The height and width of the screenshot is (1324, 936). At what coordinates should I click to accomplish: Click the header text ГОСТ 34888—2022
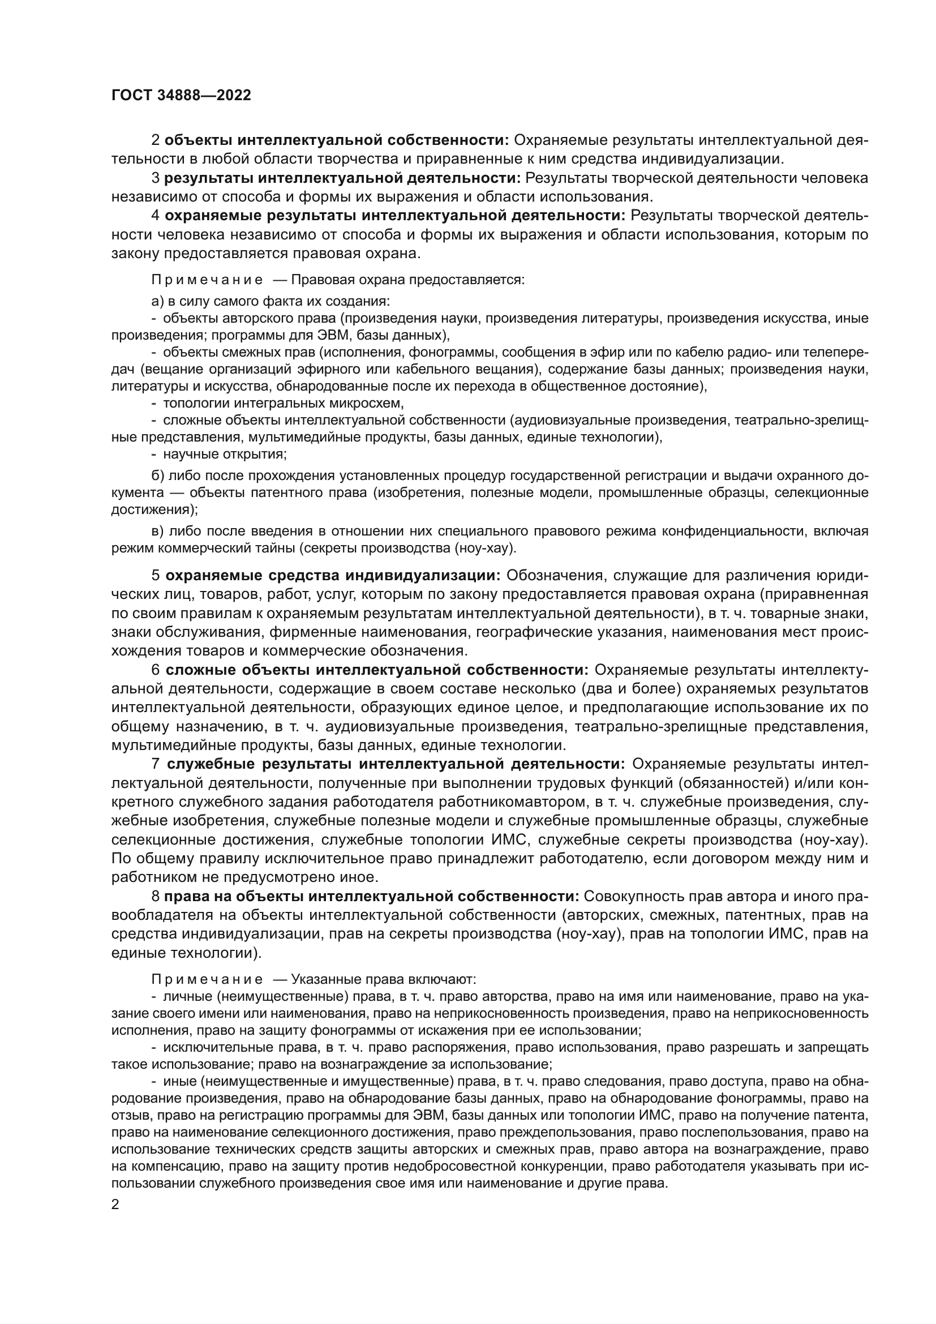[x=181, y=96]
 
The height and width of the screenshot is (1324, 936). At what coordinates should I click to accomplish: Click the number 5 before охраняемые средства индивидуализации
[x=156, y=576]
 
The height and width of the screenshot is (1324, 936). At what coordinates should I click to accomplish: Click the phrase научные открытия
[x=225, y=455]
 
